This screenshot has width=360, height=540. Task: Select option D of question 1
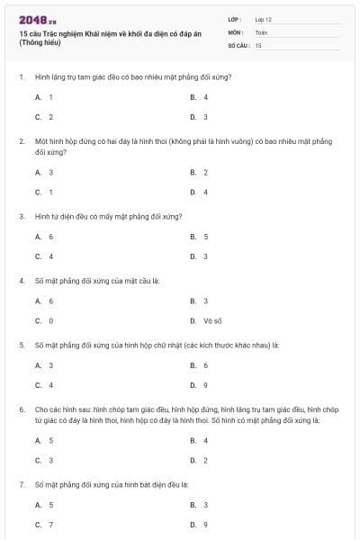(x=199, y=117)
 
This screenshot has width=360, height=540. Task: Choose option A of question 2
(x=44, y=171)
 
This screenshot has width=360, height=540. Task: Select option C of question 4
(x=44, y=320)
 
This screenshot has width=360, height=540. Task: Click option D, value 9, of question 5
(x=199, y=385)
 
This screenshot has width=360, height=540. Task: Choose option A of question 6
(x=44, y=440)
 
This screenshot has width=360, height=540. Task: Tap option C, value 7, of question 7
(x=44, y=524)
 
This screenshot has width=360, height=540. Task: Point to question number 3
(x=21, y=217)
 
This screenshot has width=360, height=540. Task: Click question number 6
(x=21, y=409)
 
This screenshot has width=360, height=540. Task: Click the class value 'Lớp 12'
(x=263, y=19)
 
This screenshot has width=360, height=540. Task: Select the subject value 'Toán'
(x=261, y=31)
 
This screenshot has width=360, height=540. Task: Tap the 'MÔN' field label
(x=235, y=31)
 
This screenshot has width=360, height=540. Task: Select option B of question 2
(x=199, y=171)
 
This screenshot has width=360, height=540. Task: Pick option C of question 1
(x=44, y=117)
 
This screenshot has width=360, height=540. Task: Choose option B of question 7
(x=199, y=505)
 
